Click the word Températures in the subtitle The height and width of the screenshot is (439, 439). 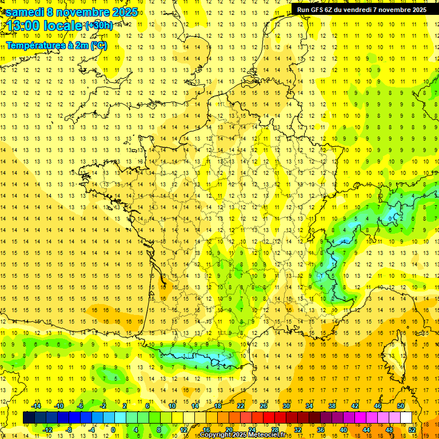(x=34, y=46)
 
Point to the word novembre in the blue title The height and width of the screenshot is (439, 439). (x=85, y=12)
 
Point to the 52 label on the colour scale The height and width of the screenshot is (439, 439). (x=412, y=430)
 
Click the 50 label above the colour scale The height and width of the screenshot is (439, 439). (x=401, y=406)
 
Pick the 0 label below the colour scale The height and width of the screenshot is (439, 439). (x=113, y=430)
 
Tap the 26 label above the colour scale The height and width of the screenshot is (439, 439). (x=264, y=406)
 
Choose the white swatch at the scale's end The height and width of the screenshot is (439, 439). (x=406, y=418)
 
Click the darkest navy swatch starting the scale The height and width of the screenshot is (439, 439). (x=29, y=418)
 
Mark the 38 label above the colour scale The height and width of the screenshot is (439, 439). (x=332, y=406)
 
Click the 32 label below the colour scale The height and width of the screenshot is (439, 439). (x=298, y=430)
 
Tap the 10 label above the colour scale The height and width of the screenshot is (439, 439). (x=173, y=406)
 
